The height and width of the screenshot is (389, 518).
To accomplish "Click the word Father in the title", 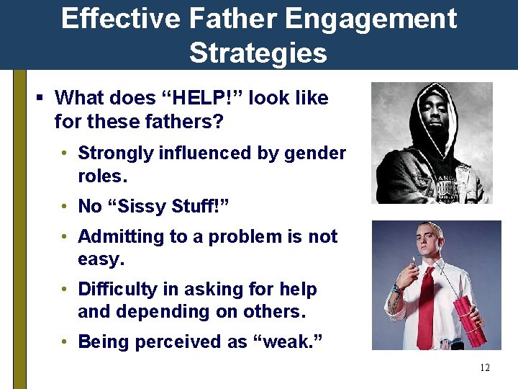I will (x=220, y=19).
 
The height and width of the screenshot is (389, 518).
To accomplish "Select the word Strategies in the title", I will (x=258, y=53).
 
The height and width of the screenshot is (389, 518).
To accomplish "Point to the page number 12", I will (x=484, y=368).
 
